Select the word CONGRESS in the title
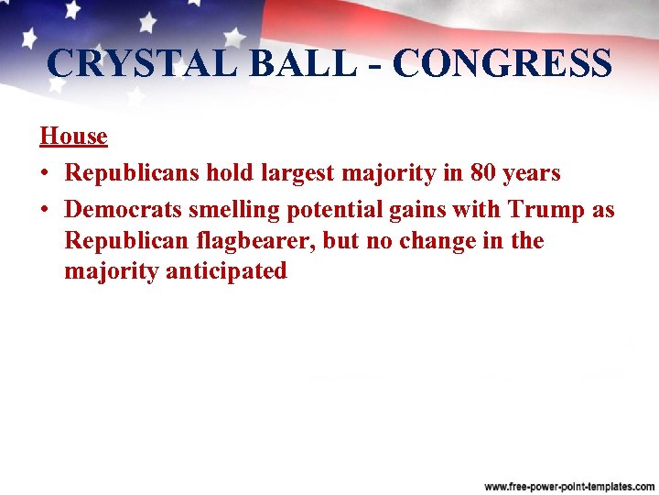pos(502,63)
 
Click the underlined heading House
pos(73,137)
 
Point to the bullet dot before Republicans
pos(45,173)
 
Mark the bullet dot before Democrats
pos(45,210)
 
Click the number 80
pos(483,172)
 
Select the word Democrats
pos(124,209)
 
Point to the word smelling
pos(234,210)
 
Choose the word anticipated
pos(226,272)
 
